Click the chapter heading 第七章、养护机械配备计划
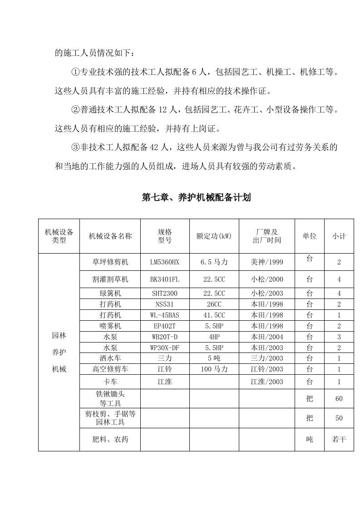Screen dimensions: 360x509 (196, 197)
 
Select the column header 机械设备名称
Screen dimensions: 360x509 (110, 236)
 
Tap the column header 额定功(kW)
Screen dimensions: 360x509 (214, 236)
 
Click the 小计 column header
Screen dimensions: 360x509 (339, 236)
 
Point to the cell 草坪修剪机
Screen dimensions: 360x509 (110, 262)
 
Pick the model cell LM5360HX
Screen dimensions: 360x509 (165, 262)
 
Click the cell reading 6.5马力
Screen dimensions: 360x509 (214, 262)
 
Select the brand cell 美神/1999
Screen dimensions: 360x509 (266, 262)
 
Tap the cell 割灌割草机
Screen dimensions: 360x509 (110, 279)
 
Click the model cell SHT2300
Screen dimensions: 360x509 (165, 293)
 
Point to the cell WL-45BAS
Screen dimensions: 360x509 (165, 315)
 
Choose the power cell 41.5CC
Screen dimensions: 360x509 (214, 315)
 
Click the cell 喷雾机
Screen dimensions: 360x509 (110, 326)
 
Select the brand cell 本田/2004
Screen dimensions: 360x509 (266, 337)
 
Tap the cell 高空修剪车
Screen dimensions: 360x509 (110, 369)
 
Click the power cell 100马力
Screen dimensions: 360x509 (214, 369)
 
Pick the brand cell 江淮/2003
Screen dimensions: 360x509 (266, 382)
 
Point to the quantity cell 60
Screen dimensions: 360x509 (339, 398)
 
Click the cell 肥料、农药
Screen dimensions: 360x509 (110, 439)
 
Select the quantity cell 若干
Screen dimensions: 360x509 (339, 439)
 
